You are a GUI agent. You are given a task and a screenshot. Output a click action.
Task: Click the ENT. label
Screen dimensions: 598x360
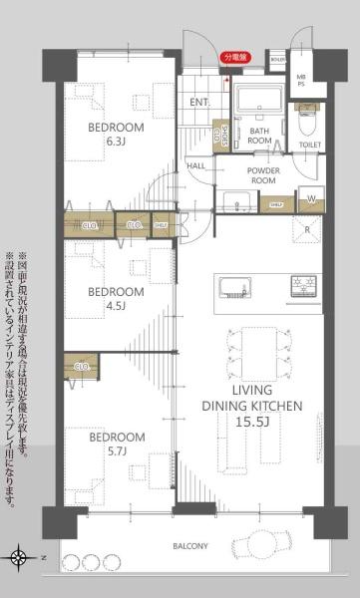click(x=199, y=101)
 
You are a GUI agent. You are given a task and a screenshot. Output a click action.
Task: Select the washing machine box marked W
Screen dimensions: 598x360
click(x=313, y=197)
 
